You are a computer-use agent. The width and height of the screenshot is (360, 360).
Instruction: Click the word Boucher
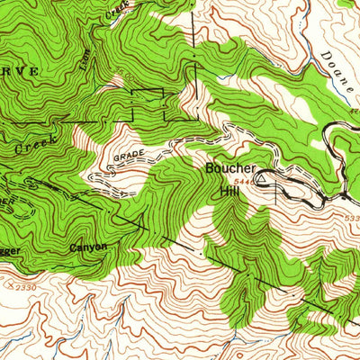pyautogui.click(x=231, y=168)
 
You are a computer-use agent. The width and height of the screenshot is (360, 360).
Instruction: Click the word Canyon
pyautogui.click(x=88, y=247)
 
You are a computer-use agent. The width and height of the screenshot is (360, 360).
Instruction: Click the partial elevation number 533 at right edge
pyautogui.click(x=351, y=217)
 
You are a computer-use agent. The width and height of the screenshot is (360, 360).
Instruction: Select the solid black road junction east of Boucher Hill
pyautogui.click(x=343, y=193)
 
